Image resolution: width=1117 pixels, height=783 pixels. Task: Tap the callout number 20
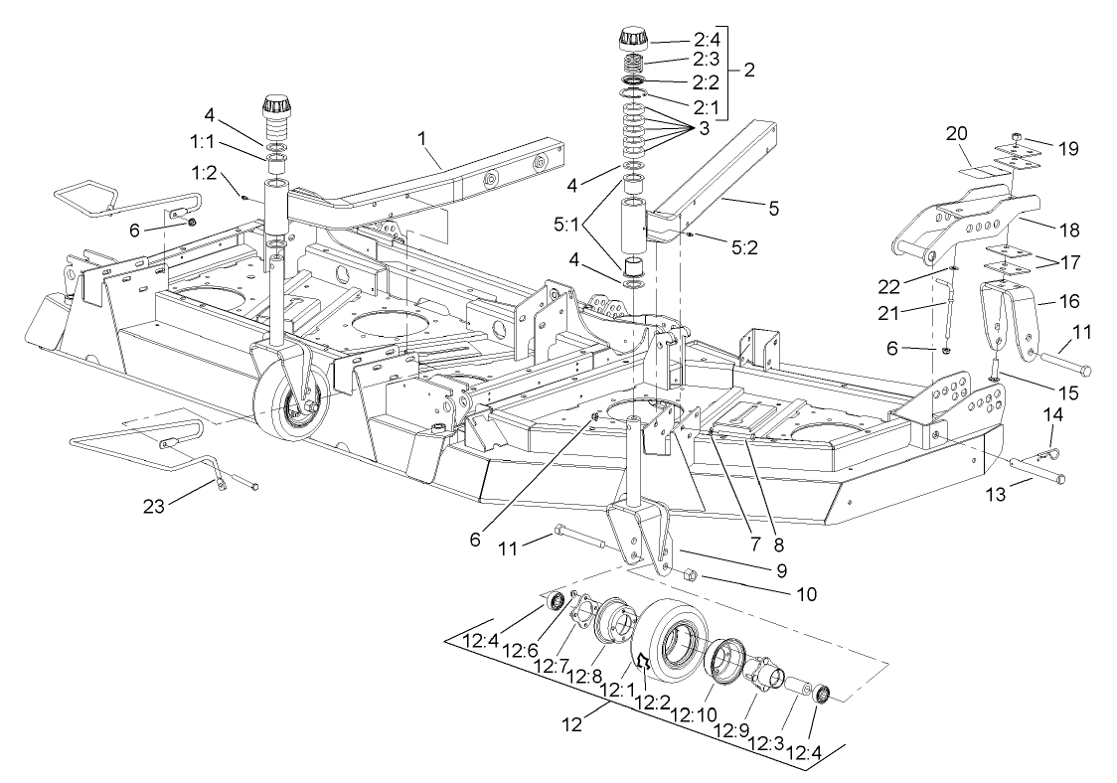point(956,133)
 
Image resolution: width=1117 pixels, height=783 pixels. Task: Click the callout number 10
point(805,594)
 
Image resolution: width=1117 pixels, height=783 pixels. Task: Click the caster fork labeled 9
point(636,537)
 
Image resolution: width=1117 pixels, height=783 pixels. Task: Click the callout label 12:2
point(656,703)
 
